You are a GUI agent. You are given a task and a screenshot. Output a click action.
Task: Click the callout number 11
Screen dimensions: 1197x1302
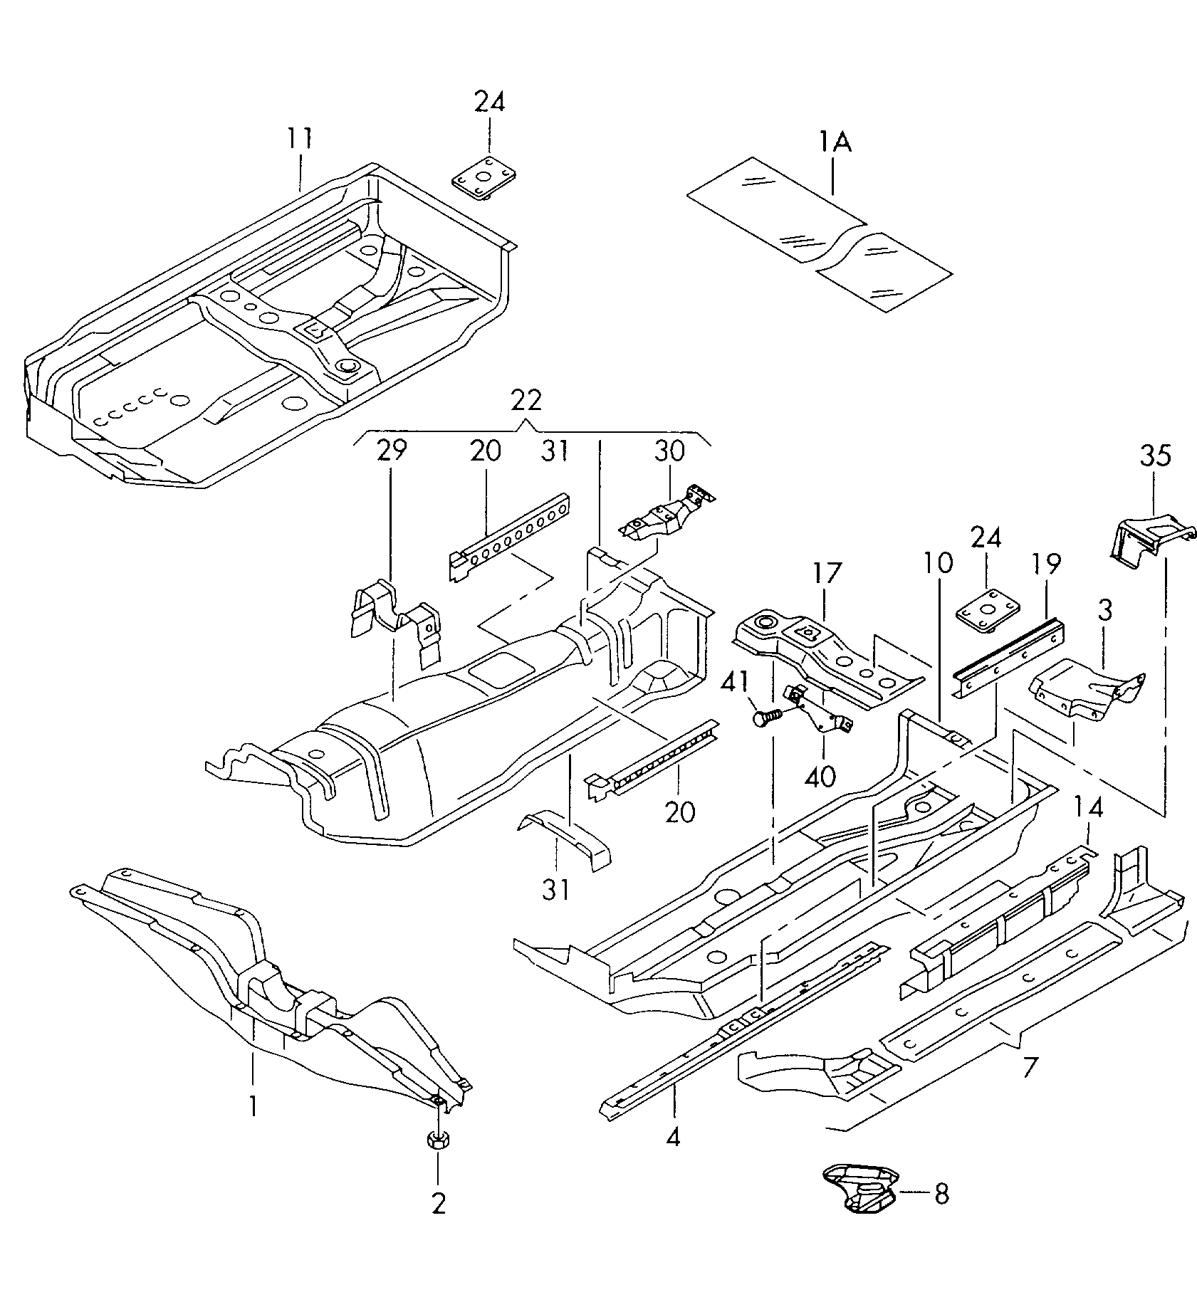click(300, 138)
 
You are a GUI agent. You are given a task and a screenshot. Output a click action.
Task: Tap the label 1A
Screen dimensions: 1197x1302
click(834, 142)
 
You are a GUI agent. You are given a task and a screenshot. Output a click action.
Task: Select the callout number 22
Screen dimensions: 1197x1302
click(526, 400)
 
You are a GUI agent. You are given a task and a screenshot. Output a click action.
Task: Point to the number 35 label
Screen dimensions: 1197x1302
click(1155, 455)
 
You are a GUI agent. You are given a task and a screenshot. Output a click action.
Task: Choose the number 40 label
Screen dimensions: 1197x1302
click(820, 775)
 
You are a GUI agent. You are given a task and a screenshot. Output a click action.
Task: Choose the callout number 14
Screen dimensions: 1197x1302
click(1089, 807)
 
